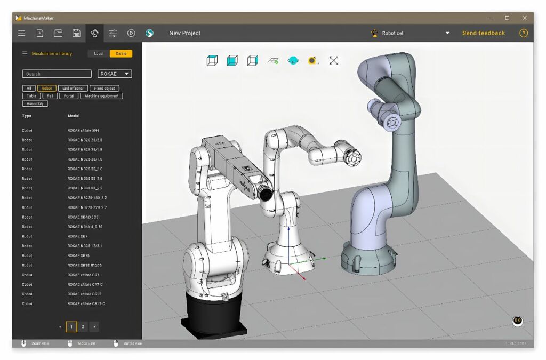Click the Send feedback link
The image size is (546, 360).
click(483, 33)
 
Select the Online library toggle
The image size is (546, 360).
click(121, 53)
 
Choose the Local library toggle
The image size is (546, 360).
click(99, 53)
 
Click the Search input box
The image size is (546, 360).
click(57, 74)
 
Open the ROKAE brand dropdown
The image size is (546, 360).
click(115, 74)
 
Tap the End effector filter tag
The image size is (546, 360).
click(73, 89)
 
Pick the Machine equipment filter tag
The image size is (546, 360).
click(101, 96)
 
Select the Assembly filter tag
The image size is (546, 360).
click(35, 103)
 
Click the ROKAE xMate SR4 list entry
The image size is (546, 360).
click(83, 130)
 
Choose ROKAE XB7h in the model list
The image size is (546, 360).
click(78, 255)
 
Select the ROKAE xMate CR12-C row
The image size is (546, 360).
click(86, 303)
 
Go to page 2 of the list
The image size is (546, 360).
click(83, 326)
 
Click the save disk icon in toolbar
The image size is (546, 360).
click(76, 33)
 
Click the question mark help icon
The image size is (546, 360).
click(524, 33)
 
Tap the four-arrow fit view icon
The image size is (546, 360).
click(334, 60)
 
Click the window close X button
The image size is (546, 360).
click(525, 18)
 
